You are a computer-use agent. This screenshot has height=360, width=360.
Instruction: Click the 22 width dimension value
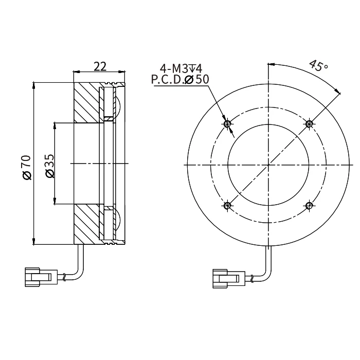[100, 66]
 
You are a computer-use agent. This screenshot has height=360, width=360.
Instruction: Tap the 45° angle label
[318, 66]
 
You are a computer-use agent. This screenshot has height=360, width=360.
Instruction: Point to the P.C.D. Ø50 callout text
[180, 79]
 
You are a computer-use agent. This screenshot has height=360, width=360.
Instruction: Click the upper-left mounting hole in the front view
[227, 123]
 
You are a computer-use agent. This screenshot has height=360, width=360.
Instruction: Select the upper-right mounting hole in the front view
[309, 123]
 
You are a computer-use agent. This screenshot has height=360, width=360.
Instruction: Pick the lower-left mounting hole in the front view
[227, 206]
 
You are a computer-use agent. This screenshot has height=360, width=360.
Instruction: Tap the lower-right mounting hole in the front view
[309, 206]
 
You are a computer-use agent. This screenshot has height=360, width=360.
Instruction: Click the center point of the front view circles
[268, 165]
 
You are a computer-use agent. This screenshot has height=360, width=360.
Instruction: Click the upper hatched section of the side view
[86, 103]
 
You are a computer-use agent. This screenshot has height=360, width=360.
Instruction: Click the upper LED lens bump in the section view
[117, 106]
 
